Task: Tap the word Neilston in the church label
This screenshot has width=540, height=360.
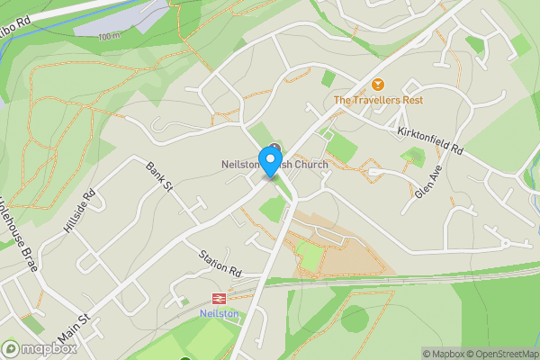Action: click(x=239, y=165)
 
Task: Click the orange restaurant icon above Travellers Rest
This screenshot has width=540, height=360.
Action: click(x=378, y=85)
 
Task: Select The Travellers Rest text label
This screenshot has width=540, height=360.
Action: click(x=378, y=100)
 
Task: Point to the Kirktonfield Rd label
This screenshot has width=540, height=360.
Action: click(x=429, y=139)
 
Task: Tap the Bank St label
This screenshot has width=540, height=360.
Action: click(x=159, y=176)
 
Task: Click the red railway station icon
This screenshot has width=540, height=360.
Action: click(x=218, y=298)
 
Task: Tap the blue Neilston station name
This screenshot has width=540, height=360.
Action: click(x=218, y=313)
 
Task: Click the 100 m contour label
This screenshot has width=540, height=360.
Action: click(x=109, y=37)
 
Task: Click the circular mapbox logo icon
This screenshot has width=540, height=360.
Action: click(x=11, y=349)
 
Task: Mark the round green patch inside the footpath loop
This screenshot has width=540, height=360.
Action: click(x=355, y=319)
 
